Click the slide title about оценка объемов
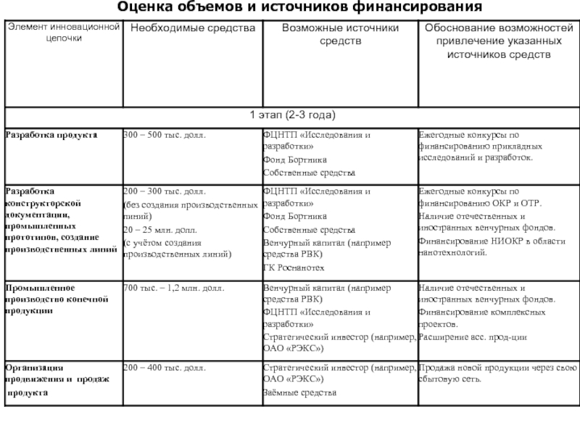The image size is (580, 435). (290, 9)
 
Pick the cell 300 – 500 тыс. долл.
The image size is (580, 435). (165, 136)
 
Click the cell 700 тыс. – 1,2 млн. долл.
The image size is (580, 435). (174, 288)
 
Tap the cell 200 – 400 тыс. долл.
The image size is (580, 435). (165, 368)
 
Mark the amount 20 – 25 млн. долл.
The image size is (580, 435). (155, 229)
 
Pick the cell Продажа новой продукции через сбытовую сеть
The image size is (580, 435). (497, 374)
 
